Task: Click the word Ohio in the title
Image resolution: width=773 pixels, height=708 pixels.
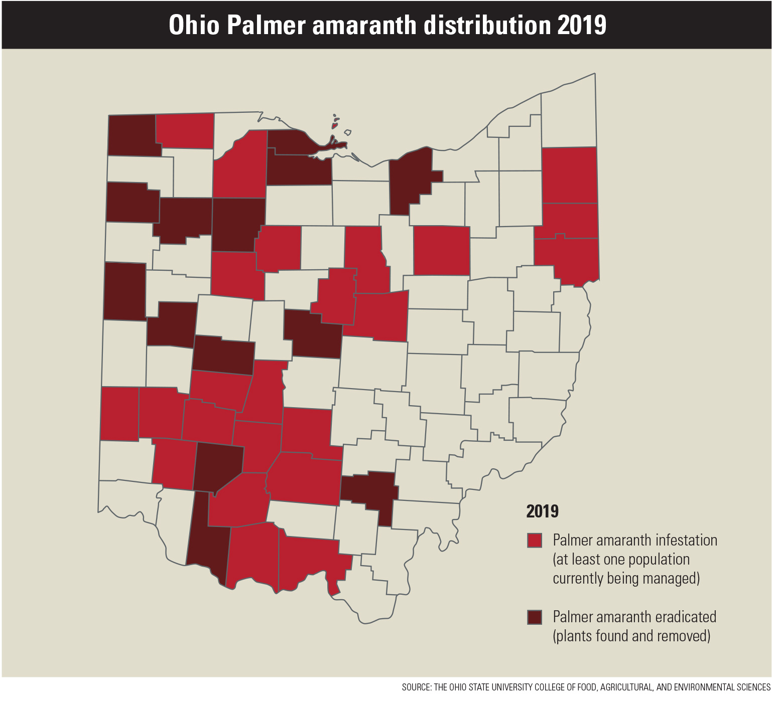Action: click(x=194, y=25)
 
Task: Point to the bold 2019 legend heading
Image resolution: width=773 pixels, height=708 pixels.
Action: click(x=542, y=511)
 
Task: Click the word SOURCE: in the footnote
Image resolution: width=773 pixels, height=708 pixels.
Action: click(x=416, y=687)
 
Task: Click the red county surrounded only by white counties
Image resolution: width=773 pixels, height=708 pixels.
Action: click(x=442, y=251)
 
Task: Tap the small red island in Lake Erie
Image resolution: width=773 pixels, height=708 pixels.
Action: click(x=335, y=126)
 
